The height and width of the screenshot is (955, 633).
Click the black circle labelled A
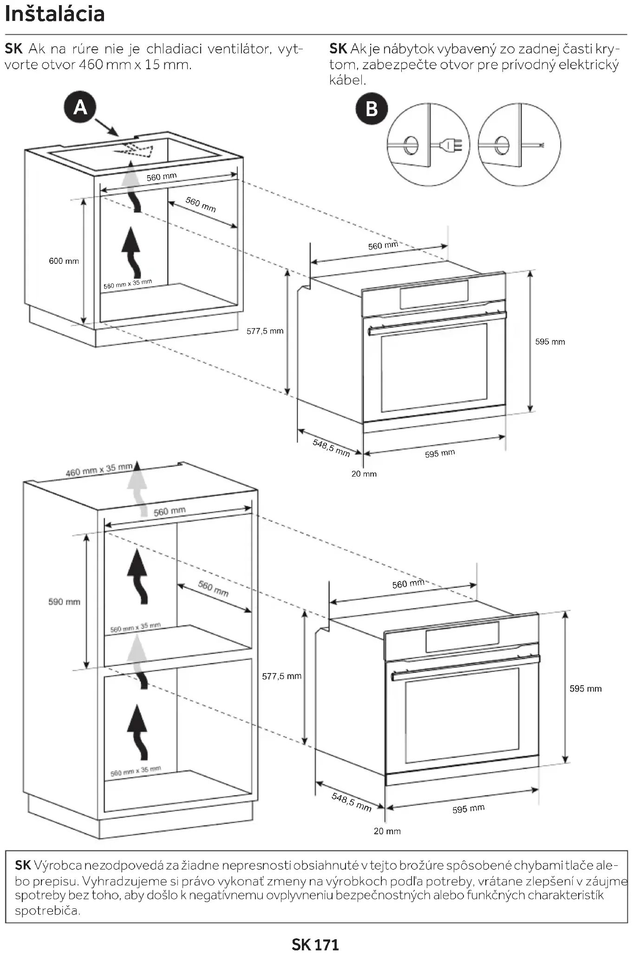coord(80,108)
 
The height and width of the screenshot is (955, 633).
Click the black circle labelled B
coord(372,109)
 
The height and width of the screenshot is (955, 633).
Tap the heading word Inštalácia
coord(55,14)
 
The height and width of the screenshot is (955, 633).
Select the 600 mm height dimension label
coord(64,261)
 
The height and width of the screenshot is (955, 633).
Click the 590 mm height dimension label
coord(64,602)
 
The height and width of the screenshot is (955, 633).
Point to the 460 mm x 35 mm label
coord(99,470)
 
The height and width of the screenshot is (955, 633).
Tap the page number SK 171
coord(315,944)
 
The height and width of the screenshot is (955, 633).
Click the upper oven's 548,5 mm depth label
coord(331,447)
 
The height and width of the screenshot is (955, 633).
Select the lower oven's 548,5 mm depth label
coord(352,802)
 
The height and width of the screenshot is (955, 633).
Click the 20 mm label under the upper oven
coord(364,474)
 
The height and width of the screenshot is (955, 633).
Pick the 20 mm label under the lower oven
coord(387,831)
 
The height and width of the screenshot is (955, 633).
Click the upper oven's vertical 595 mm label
coord(550,342)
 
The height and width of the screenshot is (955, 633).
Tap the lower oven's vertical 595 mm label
coord(585,689)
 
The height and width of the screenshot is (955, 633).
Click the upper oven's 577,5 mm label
coord(265,331)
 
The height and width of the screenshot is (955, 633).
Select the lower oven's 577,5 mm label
coord(281,676)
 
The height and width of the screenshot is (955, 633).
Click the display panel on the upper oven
coord(434,294)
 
